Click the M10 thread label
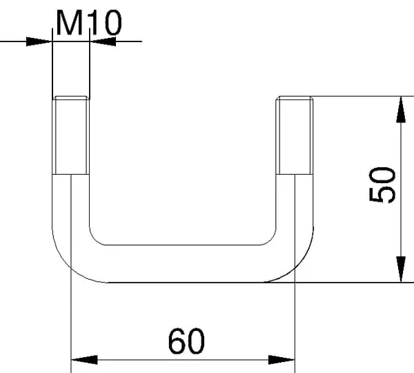coord(89,23)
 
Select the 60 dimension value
coord(186,341)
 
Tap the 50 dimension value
coord(382,184)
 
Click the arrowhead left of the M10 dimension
coord(39,41)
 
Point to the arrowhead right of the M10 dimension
coord(102,41)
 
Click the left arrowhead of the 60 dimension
coord(84,360)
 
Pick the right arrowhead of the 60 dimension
coord(282,360)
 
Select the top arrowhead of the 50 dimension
coord(401,110)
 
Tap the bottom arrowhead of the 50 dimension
coord(401,269)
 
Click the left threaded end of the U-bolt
coord(71,135)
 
